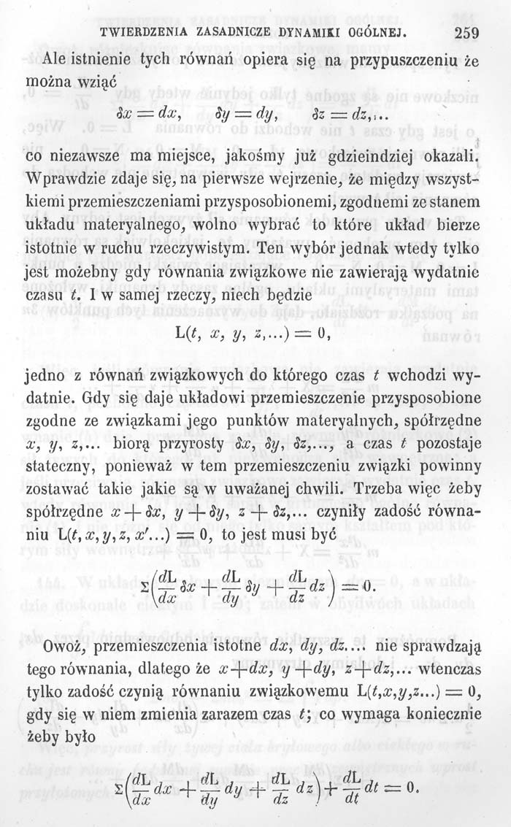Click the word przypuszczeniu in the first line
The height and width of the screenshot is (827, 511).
click(x=399, y=64)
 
